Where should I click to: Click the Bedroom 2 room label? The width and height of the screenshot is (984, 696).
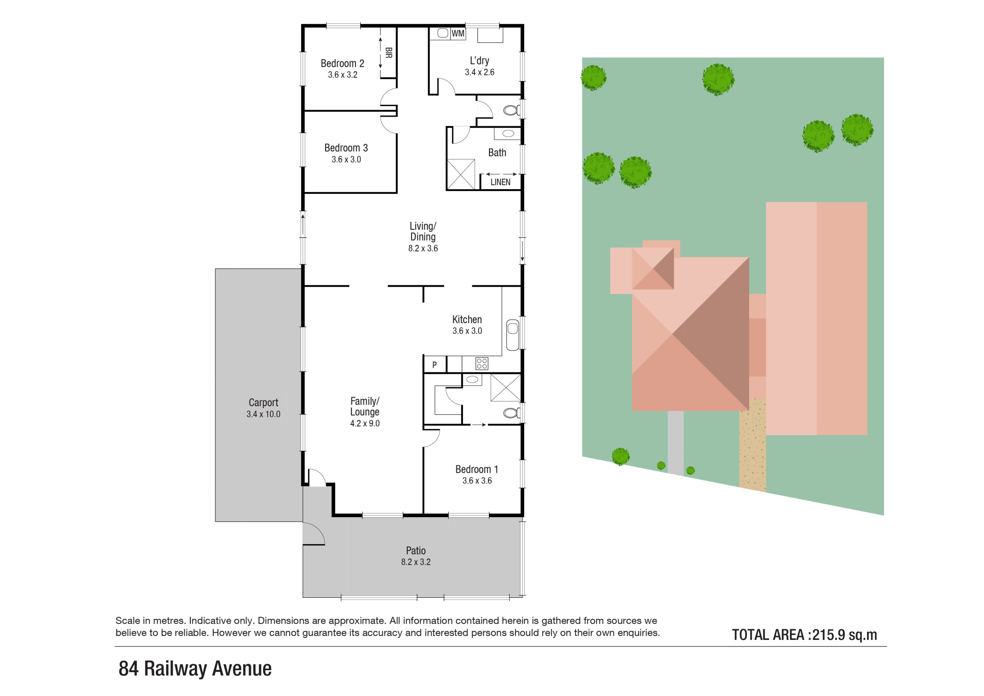[x=342, y=63]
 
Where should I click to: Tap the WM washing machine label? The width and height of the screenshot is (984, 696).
[x=458, y=33]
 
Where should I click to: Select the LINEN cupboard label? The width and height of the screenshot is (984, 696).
[x=500, y=182]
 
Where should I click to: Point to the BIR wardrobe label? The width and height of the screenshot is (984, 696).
[x=389, y=53]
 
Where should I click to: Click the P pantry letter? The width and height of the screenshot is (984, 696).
[x=434, y=365]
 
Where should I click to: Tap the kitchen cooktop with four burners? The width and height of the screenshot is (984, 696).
[x=482, y=364]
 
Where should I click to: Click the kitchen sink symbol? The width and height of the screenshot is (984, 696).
[x=513, y=335]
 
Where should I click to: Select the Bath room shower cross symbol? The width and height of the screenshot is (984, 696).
[x=461, y=174]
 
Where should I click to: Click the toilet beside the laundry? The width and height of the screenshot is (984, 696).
[x=511, y=111]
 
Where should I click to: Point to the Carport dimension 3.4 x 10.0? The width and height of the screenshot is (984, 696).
[x=263, y=414]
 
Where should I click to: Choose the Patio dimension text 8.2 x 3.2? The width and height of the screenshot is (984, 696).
[x=416, y=562]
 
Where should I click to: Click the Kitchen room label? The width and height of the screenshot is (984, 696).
[x=467, y=319]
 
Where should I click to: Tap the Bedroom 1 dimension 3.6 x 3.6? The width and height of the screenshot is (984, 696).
[x=477, y=480]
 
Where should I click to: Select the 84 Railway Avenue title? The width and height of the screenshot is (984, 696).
[x=195, y=669]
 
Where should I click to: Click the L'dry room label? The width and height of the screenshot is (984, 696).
[x=480, y=60]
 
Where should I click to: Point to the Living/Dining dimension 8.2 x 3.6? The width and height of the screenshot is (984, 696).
[x=423, y=248]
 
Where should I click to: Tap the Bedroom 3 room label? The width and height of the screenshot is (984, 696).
[x=346, y=148]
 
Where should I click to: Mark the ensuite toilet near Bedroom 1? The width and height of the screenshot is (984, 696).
[x=511, y=413]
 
